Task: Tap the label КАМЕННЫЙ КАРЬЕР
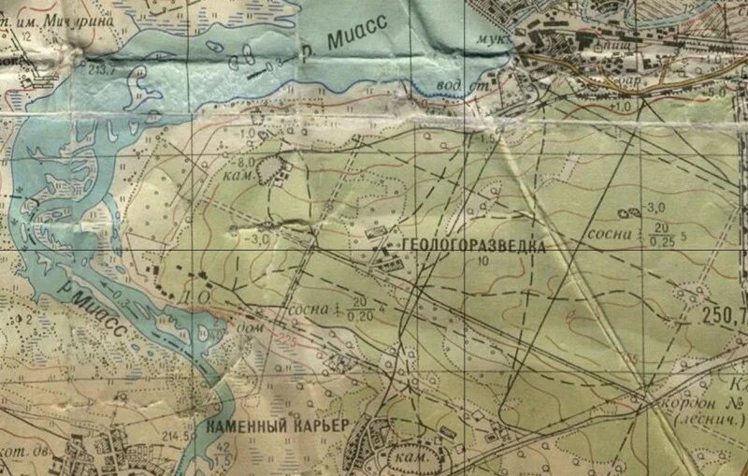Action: point(277,426)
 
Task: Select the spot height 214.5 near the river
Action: point(170,436)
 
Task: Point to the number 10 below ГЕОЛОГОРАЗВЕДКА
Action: point(482,262)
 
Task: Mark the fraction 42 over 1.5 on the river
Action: point(223,453)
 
